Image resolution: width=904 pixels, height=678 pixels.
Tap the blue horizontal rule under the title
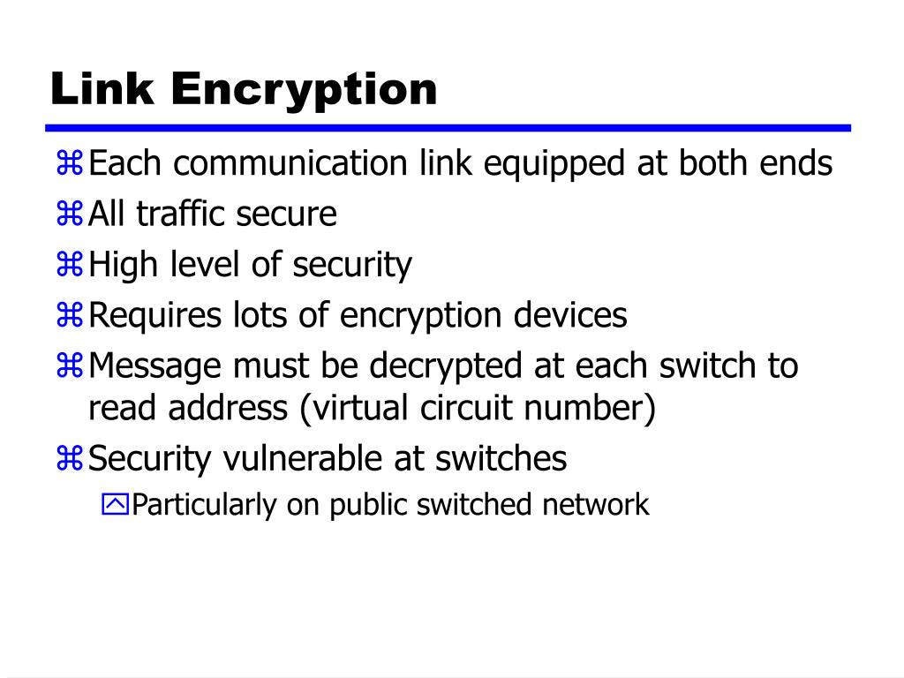coord(450,128)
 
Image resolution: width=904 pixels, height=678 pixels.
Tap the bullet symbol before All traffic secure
coord(70,214)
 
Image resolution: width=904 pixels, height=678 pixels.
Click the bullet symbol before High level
coord(70,265)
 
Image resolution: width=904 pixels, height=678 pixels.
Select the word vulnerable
coord(299,458)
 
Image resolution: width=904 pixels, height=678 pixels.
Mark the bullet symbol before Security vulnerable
coord(70,458)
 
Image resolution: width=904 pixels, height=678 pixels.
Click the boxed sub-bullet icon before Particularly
coord(115,505)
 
